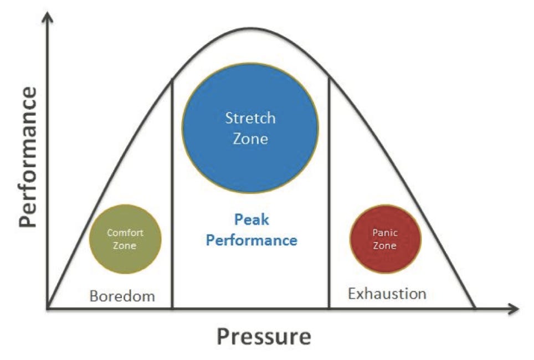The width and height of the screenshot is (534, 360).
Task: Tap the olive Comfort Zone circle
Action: pyautogui.click(x=125, y=239)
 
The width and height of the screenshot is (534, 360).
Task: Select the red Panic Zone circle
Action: pyautogui.click(x=385, y=239)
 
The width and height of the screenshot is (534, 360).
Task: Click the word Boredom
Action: pyautogui.click(x=122, y=296)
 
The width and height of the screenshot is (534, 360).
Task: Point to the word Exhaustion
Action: pyautogui.click(x=387, y=293)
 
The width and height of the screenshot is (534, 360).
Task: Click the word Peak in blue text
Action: pyautogui.click(x=251, y=220)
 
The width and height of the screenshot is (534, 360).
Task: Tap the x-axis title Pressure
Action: pyautogui.click(x=264, y=336)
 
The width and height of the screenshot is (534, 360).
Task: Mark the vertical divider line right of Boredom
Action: pyautogui.click(x=172, y=194)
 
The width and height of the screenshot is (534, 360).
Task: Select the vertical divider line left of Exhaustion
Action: pyautogui.click(x=329, y=194)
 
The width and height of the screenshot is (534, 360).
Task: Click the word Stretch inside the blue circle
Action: pyautogui.click(x=250, y=117)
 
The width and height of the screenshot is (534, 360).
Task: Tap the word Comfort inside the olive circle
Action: pyautogui.click(x=125, y=233)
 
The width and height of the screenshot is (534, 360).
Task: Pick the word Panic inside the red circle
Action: pyautogui.click(x=385, y=233)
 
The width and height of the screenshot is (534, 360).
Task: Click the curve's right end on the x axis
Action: pyautogui.click(x=474, y=307)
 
